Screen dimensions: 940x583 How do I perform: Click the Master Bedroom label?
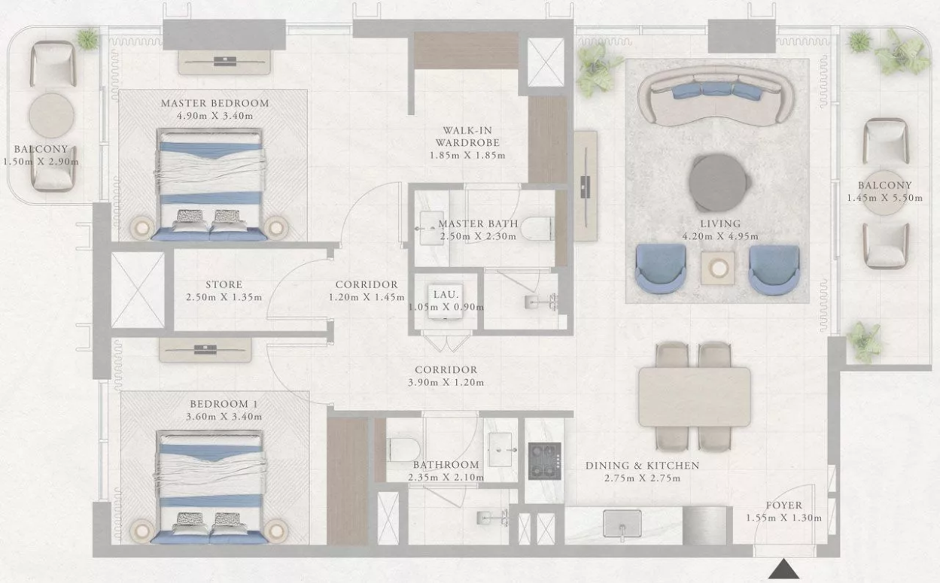coord(214,103)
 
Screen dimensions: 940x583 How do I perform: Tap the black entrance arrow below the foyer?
coord(783,569)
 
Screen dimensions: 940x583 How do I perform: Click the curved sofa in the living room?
coord(716,96)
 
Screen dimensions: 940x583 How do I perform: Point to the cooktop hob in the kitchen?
coord(545,461)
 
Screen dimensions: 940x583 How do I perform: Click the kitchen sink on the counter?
coord(622,524)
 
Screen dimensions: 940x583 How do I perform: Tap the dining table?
coord(694,396)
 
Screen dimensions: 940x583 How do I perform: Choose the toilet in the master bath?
coord(537,229)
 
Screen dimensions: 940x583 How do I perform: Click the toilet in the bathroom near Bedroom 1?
coord(403,449)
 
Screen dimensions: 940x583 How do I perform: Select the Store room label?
coord(224,285)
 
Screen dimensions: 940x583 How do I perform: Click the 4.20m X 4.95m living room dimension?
coord(720,236)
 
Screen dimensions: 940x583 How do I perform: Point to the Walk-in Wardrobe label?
coord(467,136)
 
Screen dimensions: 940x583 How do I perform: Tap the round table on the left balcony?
coord(52,115)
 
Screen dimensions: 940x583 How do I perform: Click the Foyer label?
coord(784,506)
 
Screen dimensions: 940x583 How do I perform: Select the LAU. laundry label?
coord(446,294)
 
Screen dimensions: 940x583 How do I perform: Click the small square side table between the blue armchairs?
coord(717,268)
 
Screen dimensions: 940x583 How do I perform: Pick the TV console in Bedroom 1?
coord(205,350)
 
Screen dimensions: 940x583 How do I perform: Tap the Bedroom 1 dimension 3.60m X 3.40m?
coord(224,417)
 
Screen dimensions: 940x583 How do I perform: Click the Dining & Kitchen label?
coord(643,466)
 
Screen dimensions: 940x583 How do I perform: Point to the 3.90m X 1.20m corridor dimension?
coord(446,382)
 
